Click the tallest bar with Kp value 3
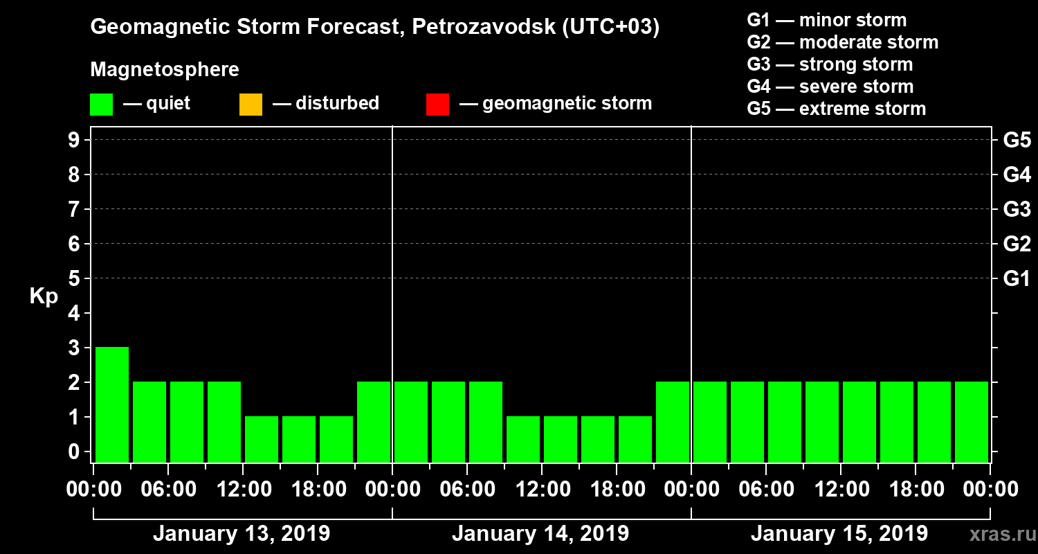(x=112, y=404)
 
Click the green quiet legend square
(x=102, y=105)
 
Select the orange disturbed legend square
(x=251, y=105)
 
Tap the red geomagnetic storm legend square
(x=437, y=105)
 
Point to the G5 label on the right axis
(x=1017, y=141)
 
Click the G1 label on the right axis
(x=1017, y=279)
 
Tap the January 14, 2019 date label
(x=540, y=534)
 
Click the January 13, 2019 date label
(x=242, y=534)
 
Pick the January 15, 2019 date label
(x=839, y=534)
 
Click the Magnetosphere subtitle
(x=165, y=70)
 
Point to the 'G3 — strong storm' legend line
(x=830, y=64)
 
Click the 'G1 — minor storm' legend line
(x=826, y=20)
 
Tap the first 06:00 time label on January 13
(x=168, y=489)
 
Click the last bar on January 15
(x=972, y=422)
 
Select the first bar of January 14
(x=411, y=422)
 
